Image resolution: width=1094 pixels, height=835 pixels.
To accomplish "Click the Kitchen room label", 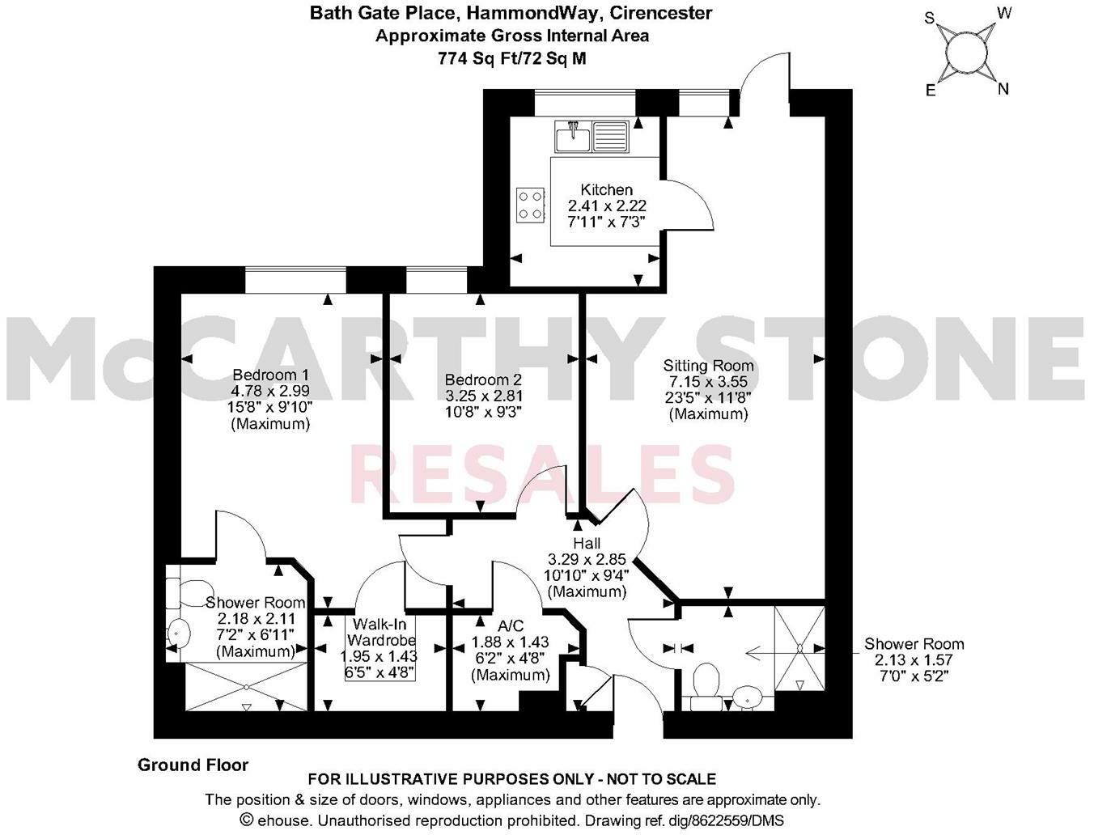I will pos(606,190).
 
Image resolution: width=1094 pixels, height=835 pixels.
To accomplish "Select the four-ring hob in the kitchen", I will pos(531,204).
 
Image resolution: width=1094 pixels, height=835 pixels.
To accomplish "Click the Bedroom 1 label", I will pos(270,375).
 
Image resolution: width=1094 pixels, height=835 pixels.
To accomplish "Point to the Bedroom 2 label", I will pos(483,379).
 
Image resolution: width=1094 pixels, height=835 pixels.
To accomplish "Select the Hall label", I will pos(587,543).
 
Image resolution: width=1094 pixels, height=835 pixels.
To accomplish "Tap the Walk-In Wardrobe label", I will pos(380,632).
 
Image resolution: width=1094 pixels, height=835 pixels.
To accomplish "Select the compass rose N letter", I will pos(1003,89).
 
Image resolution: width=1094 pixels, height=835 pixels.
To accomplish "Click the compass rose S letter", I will pos(931,18).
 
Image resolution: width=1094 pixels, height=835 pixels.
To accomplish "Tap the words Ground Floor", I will pos(193,765).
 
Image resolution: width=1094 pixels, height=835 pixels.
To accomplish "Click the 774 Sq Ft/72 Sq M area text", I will pos(511,58).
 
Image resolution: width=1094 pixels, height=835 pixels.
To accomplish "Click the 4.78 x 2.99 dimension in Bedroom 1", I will pos(270,391).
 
